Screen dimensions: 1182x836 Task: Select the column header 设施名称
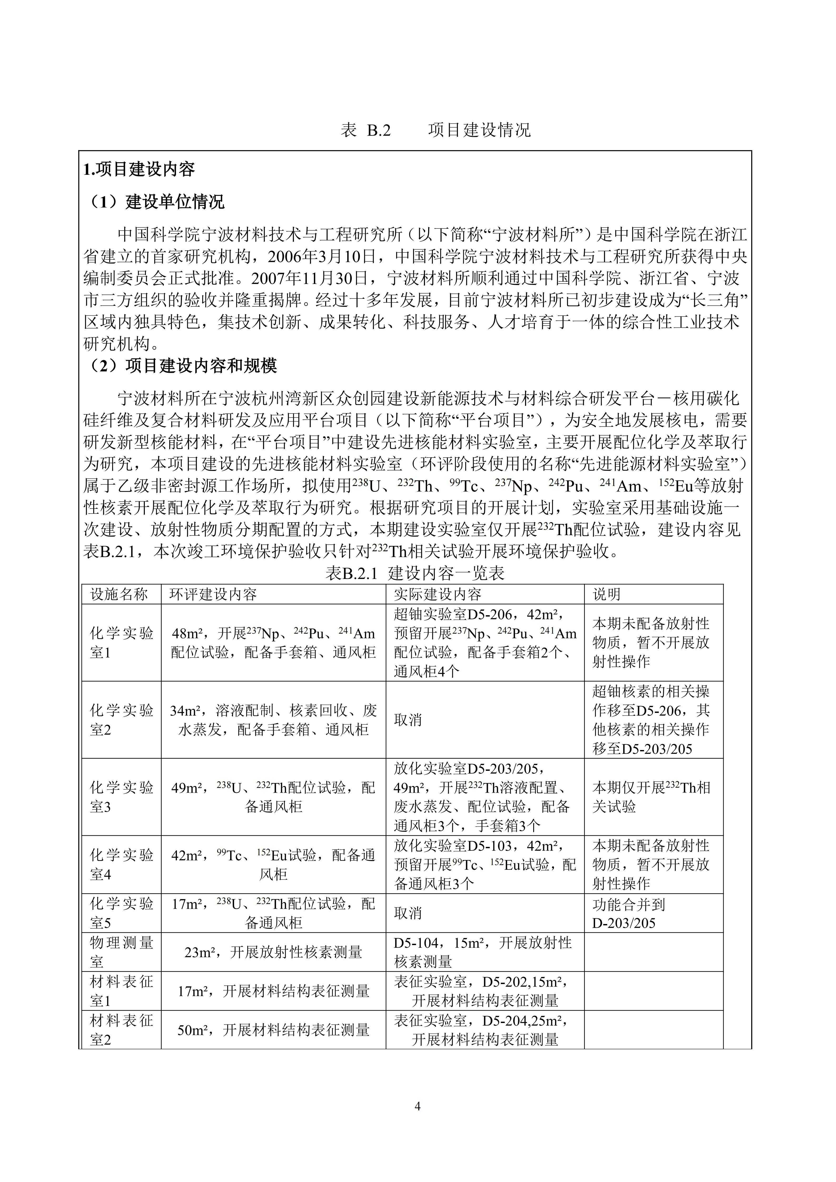tap(120, 595)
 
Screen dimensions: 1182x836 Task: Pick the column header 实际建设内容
tap(438, 595)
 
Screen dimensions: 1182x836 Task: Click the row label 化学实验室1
tap(121, 643)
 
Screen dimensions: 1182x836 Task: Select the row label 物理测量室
tap(121, 952)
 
